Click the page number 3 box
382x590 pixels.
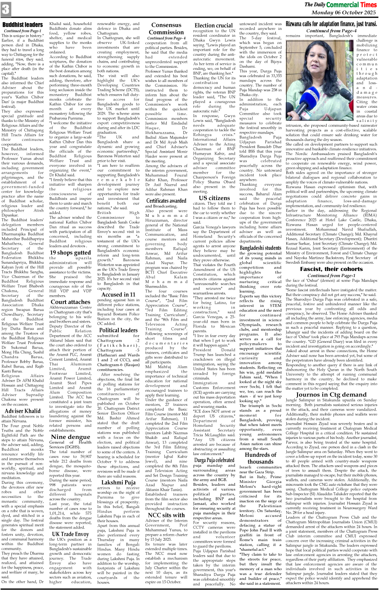point(6,9)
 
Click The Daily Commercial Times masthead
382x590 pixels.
point(340,4)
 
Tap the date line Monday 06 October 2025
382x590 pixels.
point(343,13)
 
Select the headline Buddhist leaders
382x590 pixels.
point(23,25)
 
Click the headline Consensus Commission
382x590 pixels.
point(166,29)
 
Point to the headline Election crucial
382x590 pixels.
point(213,25)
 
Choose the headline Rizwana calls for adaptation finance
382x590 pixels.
point(331,24)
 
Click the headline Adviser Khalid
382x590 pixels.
point(23,411)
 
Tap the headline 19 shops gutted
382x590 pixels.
point(70,252)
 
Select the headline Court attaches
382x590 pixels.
point(70,301)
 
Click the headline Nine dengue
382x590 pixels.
point(70,437)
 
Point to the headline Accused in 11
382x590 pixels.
point(118,294)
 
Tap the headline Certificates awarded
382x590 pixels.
point(166,200)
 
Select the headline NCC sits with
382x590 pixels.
point(166,515)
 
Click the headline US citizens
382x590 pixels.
point(214,198)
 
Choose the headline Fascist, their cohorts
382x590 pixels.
point(331,269)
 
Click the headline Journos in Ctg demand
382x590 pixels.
point(331,394)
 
